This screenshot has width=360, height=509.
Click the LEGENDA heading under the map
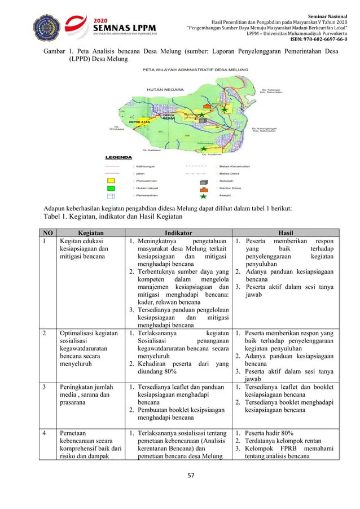118,157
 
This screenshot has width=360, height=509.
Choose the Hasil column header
286,232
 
